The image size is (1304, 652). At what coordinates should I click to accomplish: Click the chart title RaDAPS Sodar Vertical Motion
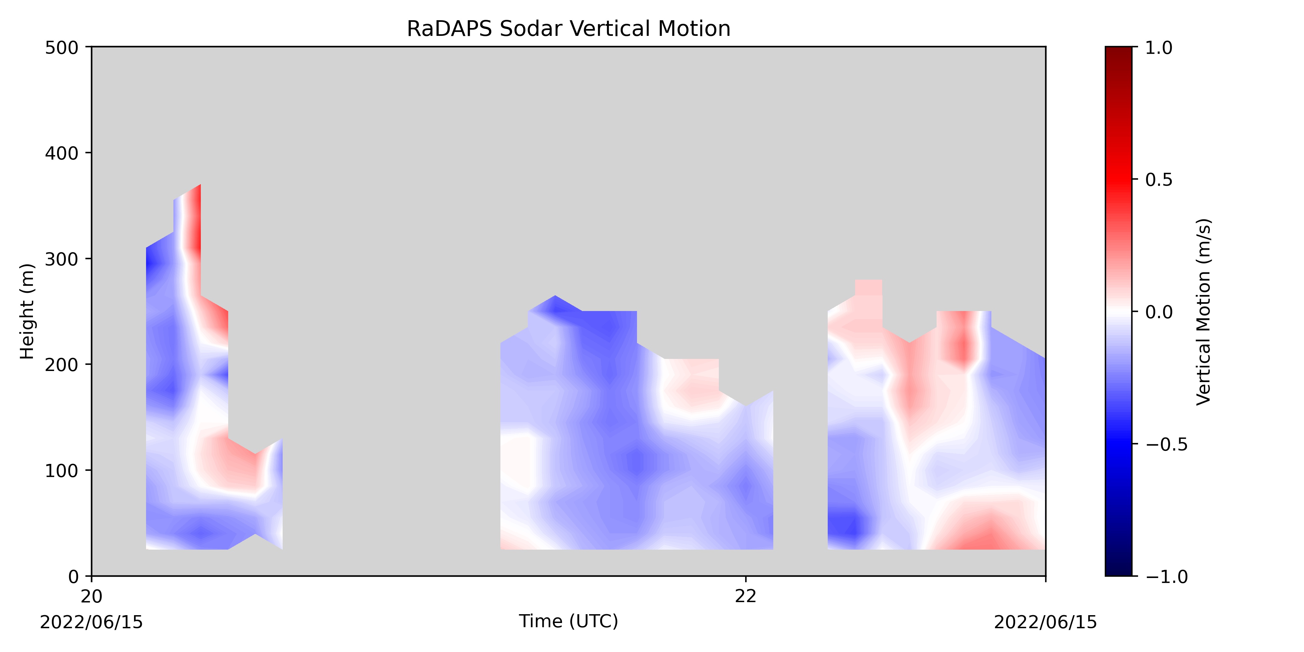tap(569, 29)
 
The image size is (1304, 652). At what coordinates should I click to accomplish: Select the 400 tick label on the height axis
tap(62, 153)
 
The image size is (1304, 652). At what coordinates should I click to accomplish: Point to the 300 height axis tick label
tap(62, 259)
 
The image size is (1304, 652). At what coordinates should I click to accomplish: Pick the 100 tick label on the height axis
tap(62, 471)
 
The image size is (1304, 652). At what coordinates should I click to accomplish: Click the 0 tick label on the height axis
tap(73, 577)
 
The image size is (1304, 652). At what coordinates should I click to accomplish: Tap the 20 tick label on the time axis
tap(92, 596)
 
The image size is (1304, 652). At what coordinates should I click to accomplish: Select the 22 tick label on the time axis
tap(746, 596)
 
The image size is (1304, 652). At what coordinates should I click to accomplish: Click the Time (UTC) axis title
tap(569, 621)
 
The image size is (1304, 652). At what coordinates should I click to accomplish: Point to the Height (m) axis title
tap(27, 311)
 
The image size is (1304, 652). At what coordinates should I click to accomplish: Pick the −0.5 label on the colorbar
tap(1167, 444)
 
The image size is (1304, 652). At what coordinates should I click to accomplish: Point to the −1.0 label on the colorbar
tap(1167, 577)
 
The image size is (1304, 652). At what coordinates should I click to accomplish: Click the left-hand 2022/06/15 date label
tap(92, 622)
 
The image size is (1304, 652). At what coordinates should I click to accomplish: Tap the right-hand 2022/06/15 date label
tap(1046, 622)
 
